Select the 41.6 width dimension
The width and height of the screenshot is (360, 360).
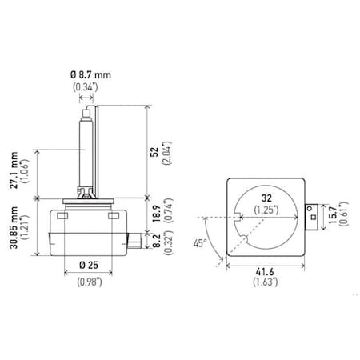pyautogui.click(x=266, y=271)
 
